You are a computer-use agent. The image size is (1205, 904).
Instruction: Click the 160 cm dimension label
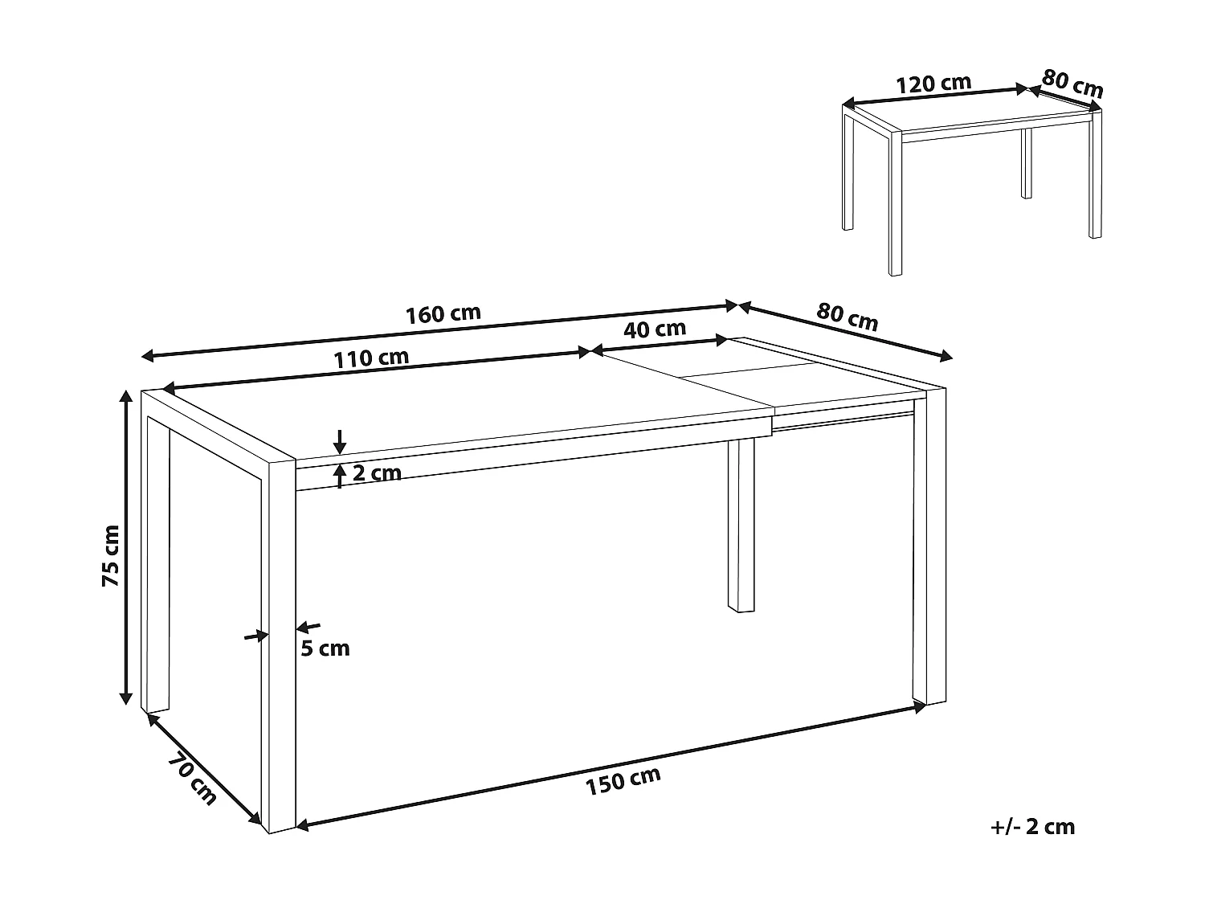tap(443, 313)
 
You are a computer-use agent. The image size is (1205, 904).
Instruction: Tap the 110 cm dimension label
tap(372, 358)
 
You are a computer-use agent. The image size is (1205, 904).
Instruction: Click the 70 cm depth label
tap(193, 779)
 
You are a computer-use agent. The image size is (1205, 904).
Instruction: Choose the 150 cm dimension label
tap(623, 780)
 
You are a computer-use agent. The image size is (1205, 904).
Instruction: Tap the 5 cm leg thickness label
tap(325, 648)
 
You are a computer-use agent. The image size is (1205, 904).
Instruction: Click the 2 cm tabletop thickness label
tap(377, 473)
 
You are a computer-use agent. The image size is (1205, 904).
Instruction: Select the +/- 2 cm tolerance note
tap(1032, 827)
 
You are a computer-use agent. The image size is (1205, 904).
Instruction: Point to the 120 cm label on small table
tap(933, 83)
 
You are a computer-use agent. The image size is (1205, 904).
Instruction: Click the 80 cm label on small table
tap(1073, 83)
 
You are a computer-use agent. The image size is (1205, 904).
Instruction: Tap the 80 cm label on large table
tap(848, 317)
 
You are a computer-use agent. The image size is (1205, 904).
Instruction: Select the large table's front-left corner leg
tap(281, 643)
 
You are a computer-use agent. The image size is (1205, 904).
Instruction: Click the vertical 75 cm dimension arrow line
tap(126, 546)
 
